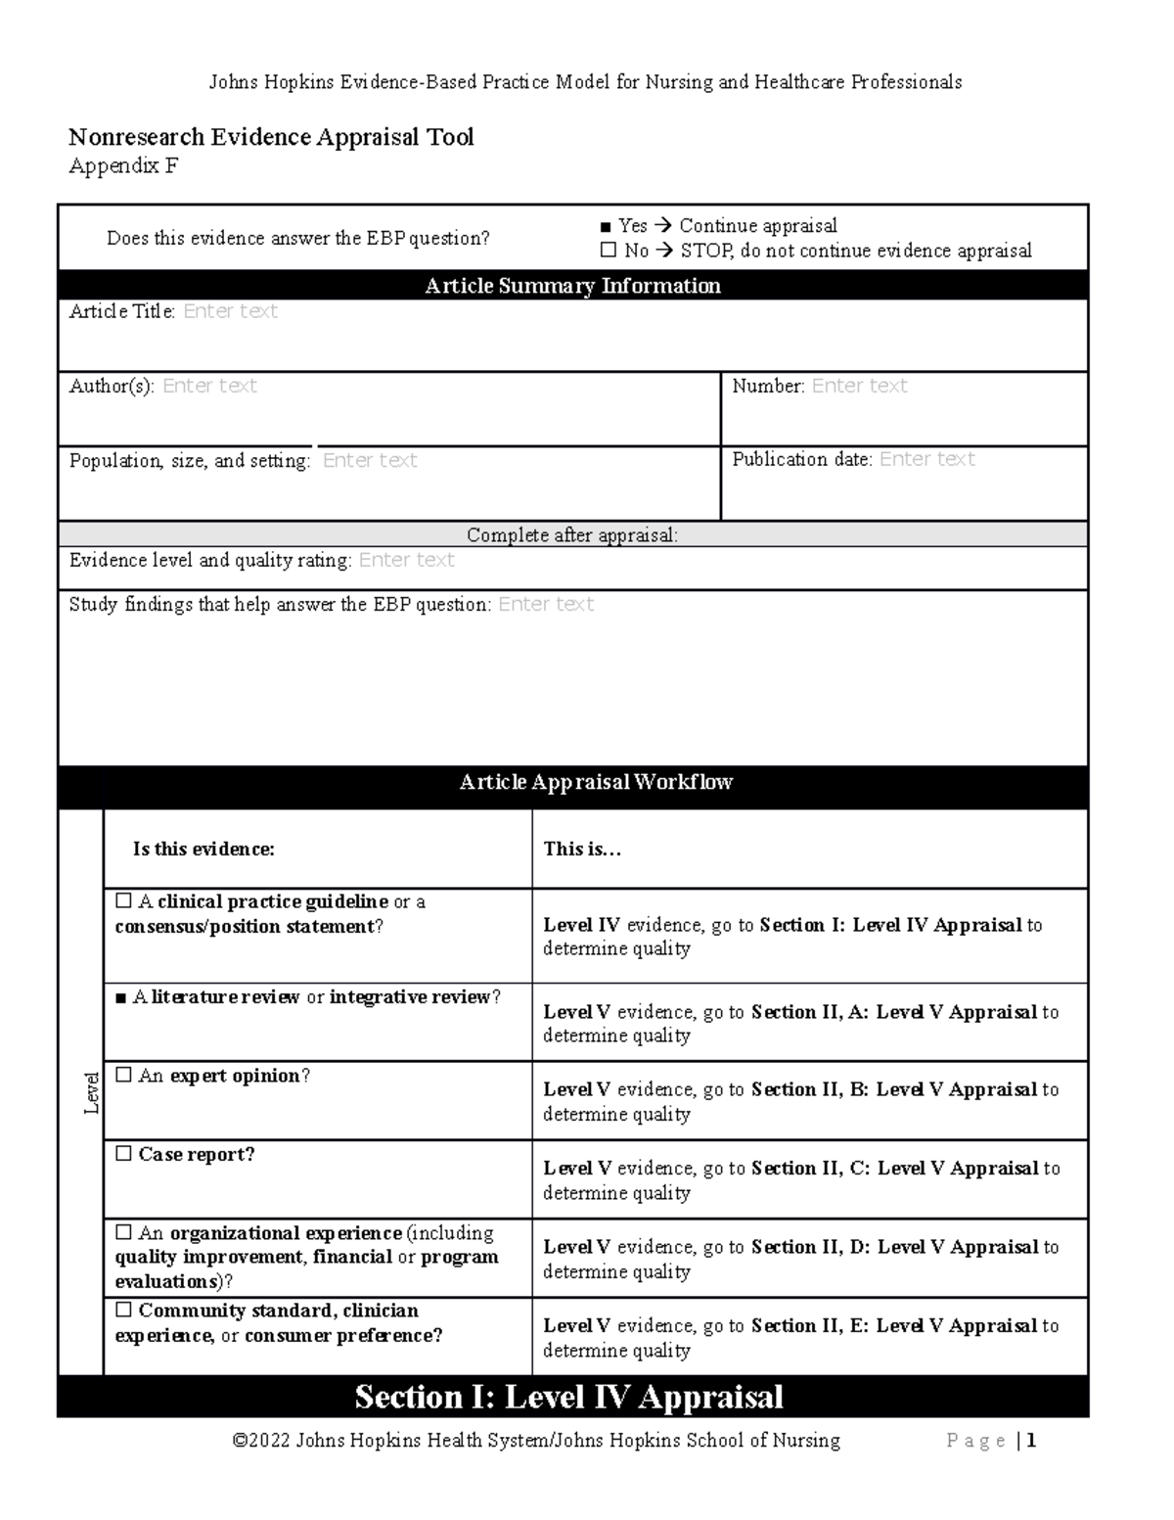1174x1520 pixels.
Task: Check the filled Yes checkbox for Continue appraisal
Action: [607, 227]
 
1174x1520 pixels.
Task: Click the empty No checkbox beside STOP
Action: [608, 251]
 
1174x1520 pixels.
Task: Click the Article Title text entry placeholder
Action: [230, 311]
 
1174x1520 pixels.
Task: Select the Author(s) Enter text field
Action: [209, 386]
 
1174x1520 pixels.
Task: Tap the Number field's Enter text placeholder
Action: [859, 386]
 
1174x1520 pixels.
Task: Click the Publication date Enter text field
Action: [926, 459]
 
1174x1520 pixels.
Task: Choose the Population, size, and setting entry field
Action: [370, 460]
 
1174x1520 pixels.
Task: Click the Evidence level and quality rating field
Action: [406, 560]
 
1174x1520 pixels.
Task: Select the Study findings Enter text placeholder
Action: [545, 605]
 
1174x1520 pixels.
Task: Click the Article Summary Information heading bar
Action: [572, 286]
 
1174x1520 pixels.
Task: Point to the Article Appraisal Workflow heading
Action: [596, 782]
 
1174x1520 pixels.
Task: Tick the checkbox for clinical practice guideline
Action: [123, 900]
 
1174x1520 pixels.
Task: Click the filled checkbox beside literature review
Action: [121, 998]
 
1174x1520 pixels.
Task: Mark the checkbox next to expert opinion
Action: [123, 1075]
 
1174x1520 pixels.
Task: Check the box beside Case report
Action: [123, 1154]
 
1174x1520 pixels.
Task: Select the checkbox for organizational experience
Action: [123, 1232]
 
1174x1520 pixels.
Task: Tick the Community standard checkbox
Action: [123, 1310]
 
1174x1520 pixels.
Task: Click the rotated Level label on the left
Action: [91, 1092]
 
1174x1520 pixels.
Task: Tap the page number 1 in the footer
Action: [1031, 1441]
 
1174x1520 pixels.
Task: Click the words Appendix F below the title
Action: [123, 166]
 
